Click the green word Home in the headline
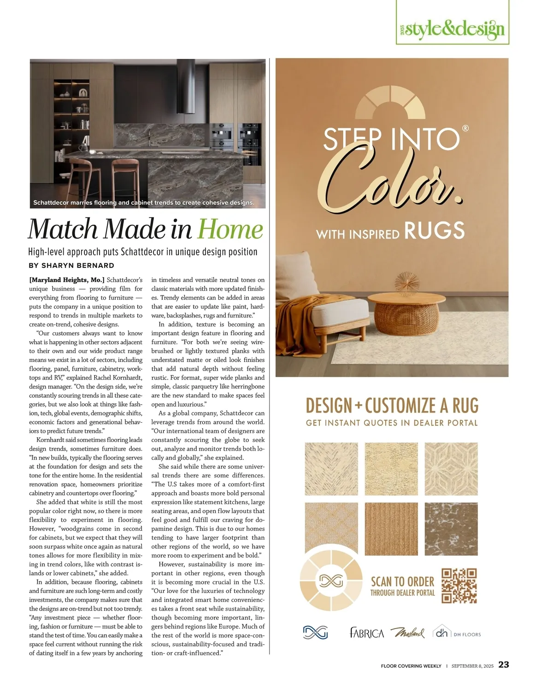tap(230, 229)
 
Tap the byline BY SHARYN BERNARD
tap(71, 266)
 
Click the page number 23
tap(504, 664)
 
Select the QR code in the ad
tap(459, 586)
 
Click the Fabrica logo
tap(367, 633)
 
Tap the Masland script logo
tap(407, 633)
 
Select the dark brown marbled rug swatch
tap(451, 529)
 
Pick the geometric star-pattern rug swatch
tap(451, 469)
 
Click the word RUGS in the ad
tap(434, 231)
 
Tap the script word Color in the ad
tap(392, 180)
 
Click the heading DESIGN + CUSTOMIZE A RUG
tap(392, 406)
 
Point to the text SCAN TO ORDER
tap(402, 582)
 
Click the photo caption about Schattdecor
tap(143, 203)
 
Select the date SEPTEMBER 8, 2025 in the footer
tap(472, 666)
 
